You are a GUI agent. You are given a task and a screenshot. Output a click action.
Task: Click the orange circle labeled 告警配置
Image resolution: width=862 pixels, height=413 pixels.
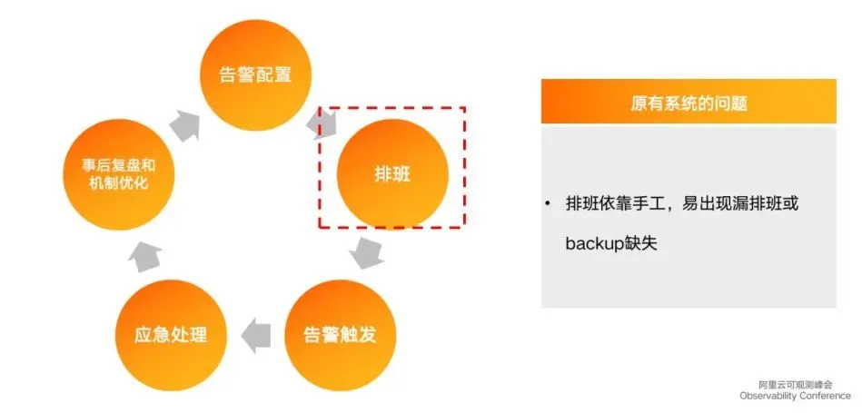[x=256, y=74]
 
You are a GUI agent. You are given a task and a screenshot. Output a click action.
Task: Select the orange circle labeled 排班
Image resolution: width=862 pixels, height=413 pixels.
[x=392, y=172]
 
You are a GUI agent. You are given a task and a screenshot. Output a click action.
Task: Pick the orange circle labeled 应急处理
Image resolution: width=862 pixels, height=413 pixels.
[x=173, y=333]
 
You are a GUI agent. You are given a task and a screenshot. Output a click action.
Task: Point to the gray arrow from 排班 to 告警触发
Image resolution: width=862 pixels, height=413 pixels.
[x=368, y=251]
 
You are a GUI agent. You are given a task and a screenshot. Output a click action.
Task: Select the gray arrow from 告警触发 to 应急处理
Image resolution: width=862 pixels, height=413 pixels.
[x=257, y=333]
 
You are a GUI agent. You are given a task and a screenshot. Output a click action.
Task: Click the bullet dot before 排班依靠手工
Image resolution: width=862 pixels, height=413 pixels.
[x=550, y=203]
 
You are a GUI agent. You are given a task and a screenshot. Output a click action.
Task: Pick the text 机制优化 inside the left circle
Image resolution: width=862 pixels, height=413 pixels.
[x=114, y=184]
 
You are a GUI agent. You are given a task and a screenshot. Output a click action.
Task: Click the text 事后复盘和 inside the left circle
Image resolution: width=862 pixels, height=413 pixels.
[x=114, y=165]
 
